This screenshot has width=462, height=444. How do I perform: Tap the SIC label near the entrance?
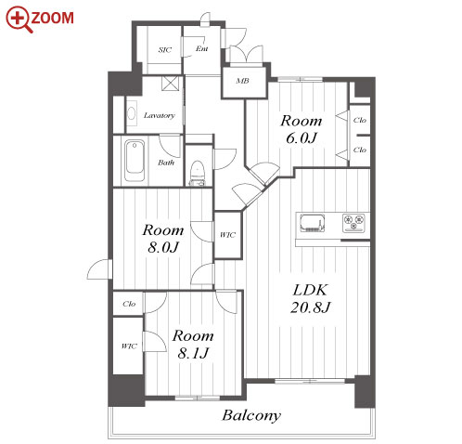165,49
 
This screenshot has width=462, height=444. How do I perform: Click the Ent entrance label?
201,48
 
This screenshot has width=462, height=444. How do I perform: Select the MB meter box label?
242,81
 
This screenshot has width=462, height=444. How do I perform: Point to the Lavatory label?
160,115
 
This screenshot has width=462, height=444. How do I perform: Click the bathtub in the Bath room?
135,161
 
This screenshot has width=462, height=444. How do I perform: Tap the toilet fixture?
197,173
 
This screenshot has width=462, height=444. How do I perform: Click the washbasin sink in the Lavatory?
132,113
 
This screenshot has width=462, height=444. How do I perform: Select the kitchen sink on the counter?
313,223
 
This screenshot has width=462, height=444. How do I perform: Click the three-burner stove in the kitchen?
353,223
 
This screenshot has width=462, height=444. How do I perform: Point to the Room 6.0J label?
302,129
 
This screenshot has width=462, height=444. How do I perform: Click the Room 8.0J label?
163,239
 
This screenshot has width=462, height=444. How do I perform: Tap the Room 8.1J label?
193,345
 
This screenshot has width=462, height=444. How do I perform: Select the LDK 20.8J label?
310,299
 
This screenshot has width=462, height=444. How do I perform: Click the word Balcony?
251,415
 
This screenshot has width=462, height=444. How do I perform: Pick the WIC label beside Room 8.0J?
227,235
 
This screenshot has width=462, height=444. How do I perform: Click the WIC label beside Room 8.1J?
129,346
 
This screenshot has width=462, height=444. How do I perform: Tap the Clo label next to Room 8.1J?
129,304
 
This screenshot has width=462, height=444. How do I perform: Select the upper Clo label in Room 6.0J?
360,120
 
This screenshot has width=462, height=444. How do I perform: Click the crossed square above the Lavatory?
171,83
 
